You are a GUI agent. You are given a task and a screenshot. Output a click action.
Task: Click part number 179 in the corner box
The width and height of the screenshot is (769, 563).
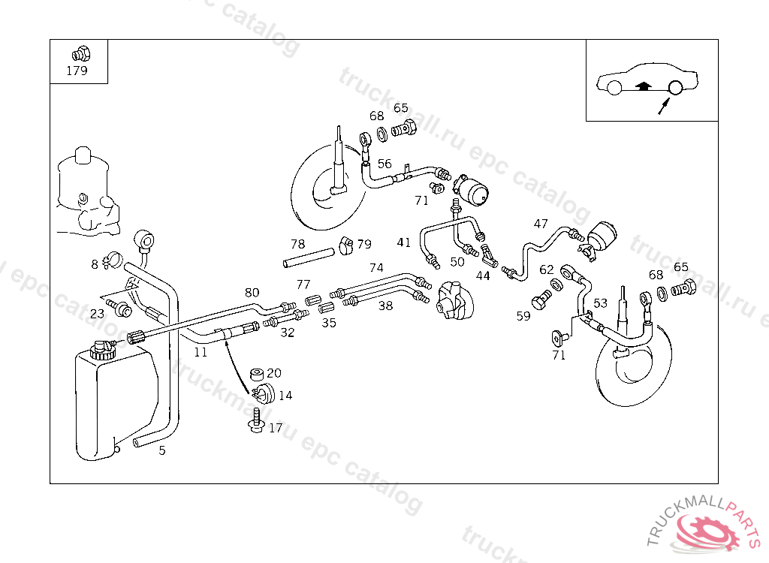(x=77, y=71)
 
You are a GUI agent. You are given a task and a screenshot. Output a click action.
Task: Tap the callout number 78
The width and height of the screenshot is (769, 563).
(x=298, y=244)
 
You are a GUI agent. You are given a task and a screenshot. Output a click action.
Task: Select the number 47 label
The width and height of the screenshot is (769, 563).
(x=541, y=224)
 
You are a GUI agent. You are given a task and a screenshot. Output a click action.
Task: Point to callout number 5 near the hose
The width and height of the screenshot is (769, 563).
(x=162, y=450)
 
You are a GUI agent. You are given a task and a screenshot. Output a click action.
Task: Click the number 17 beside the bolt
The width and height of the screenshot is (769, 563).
(x=276, y=428)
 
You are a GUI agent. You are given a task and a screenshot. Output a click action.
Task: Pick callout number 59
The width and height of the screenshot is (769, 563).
(x=523, y=316)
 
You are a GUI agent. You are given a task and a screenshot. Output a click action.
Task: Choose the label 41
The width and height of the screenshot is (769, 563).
(x=404, y=242)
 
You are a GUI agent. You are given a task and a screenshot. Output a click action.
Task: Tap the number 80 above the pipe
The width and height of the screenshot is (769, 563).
(x=252, y=293)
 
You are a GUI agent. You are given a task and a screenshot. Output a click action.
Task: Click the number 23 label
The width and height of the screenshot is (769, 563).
(x=98, y=314)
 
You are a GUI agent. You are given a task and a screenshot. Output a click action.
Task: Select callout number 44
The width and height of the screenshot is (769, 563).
(x=483, y=275)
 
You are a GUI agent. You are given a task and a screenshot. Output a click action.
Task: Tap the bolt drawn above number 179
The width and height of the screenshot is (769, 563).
(x=78, y=55)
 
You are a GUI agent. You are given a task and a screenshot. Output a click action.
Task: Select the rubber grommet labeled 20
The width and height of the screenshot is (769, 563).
(x=257, y=373)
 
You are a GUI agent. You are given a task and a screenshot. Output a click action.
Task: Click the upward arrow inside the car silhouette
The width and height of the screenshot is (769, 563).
(x=641, y=86)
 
